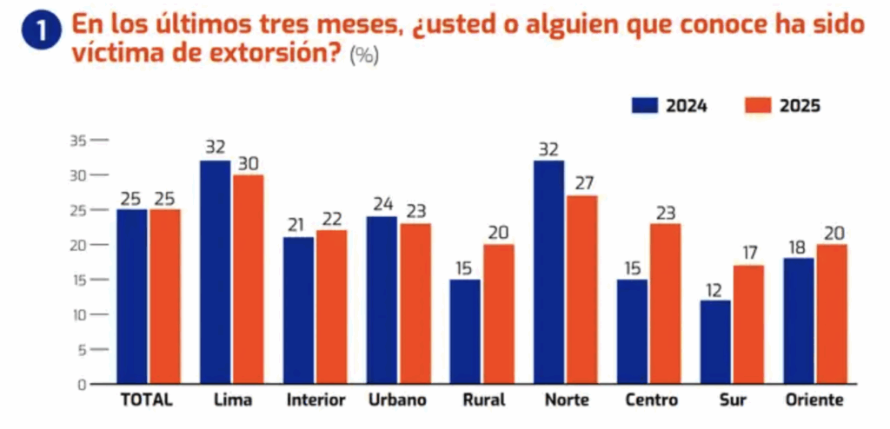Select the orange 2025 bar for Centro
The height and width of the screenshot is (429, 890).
(665, 303)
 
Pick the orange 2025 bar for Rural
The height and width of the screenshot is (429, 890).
(498, 313)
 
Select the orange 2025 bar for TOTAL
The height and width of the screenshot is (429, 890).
(164, 296)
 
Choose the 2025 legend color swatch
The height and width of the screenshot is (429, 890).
(758, 106)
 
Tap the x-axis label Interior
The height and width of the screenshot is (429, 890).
(316, 400)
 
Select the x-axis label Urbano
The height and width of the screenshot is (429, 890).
(398, 400)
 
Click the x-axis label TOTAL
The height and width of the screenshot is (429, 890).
(146, 400)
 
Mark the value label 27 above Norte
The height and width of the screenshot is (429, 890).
(582, 183)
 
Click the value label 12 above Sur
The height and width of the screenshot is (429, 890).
(714, 287)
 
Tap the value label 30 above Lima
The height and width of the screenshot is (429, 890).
(248, 162)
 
